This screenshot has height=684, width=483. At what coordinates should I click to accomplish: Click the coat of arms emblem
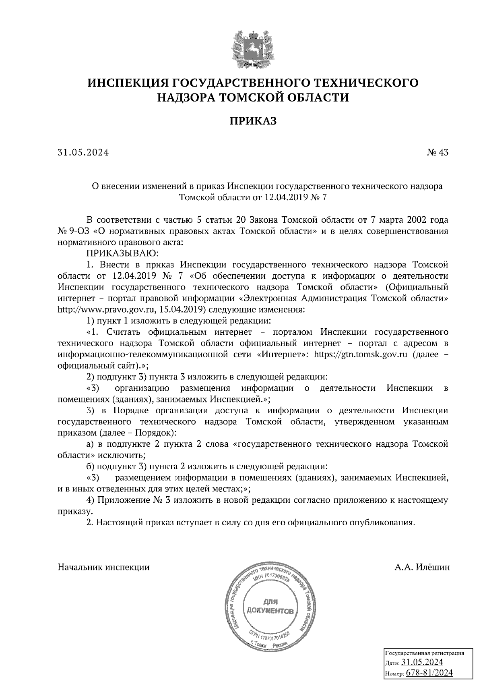point(254,48)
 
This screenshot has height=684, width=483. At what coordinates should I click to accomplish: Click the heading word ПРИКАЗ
point(253,121)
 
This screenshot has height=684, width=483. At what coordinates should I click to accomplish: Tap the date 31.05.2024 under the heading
point(83,153)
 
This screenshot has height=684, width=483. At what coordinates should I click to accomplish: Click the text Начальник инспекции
point(104,567)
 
